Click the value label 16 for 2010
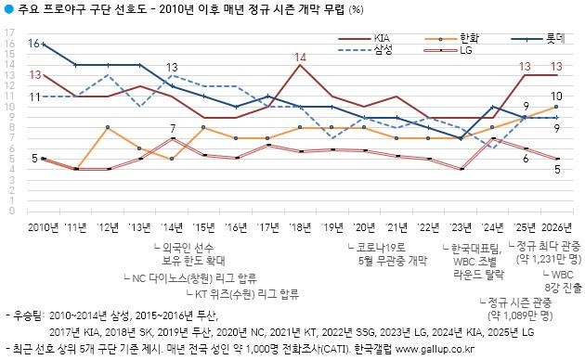coord(33,44)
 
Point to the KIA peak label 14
coord(300,58)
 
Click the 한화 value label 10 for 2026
coord(555,96)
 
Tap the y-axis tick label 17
coord(9,32)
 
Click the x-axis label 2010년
coord(42,226)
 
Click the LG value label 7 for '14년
coord(173,128)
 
